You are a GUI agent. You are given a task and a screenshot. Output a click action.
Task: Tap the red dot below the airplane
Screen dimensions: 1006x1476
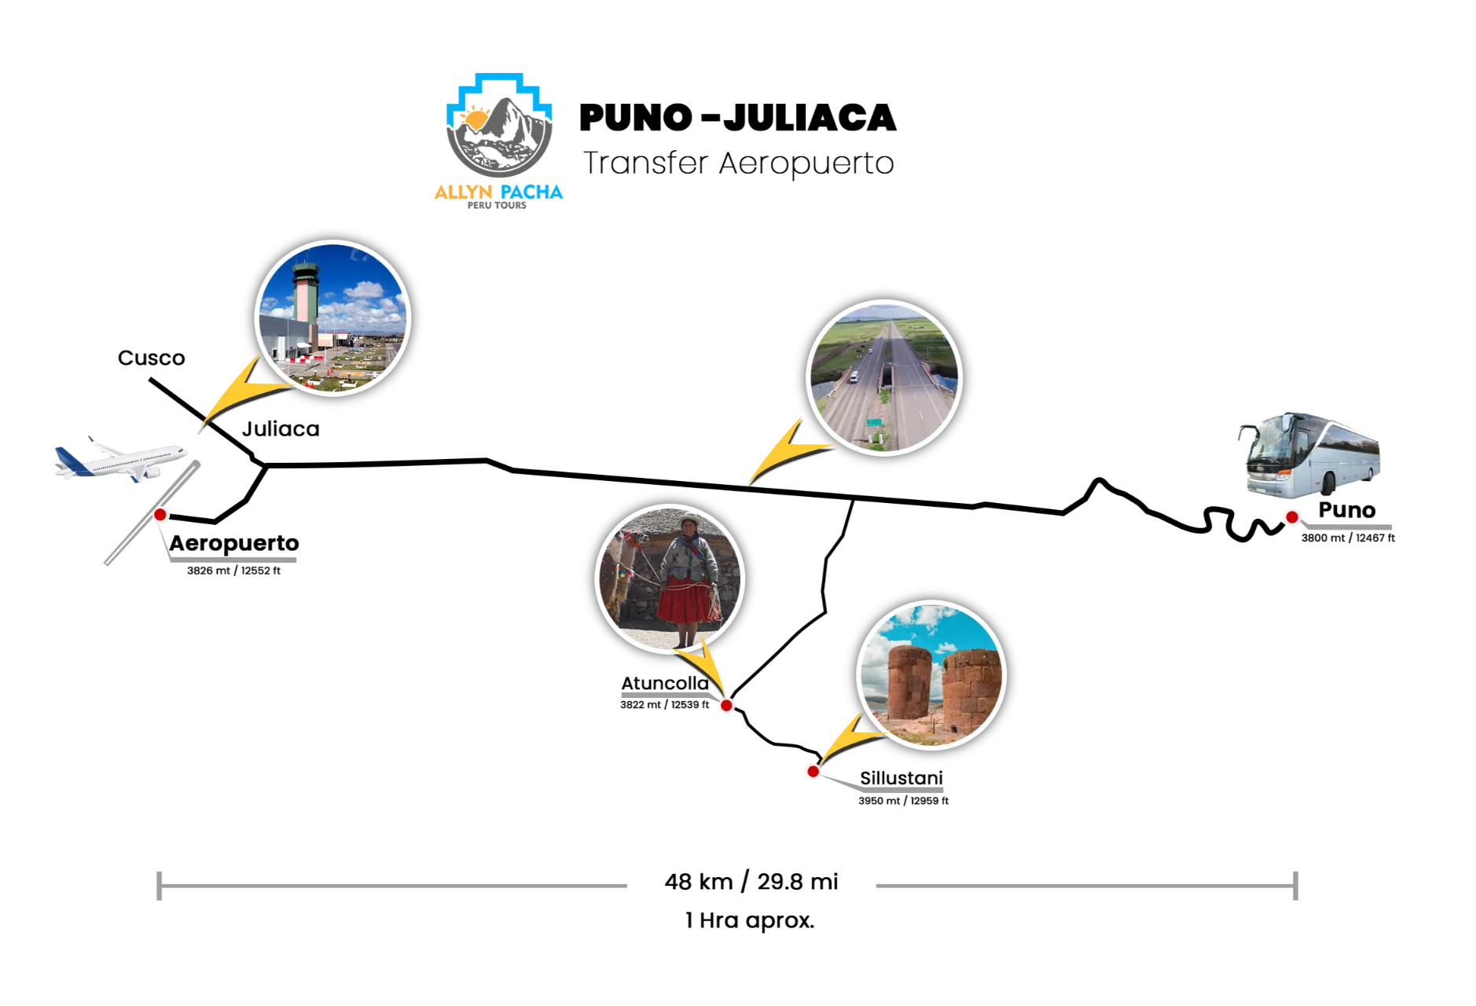[160, 515]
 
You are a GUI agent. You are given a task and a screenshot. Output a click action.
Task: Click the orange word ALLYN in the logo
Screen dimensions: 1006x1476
[463, 192]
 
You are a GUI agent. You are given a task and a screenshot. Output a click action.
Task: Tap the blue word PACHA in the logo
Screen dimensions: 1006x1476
[533, 192]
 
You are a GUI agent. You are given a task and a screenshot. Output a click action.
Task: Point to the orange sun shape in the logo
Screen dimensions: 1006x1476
[475, 118]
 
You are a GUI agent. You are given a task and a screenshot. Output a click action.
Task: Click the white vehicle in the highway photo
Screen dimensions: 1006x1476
[854, 377]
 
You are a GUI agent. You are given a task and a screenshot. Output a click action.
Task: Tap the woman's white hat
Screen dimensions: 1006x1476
[689, 519]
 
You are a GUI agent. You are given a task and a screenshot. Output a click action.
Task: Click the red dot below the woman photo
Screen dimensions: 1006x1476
[726, 706]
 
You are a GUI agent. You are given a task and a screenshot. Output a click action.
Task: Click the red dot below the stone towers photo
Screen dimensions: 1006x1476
[813, 771]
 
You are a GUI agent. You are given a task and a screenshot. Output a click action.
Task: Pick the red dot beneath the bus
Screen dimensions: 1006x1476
[1291, 517]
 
